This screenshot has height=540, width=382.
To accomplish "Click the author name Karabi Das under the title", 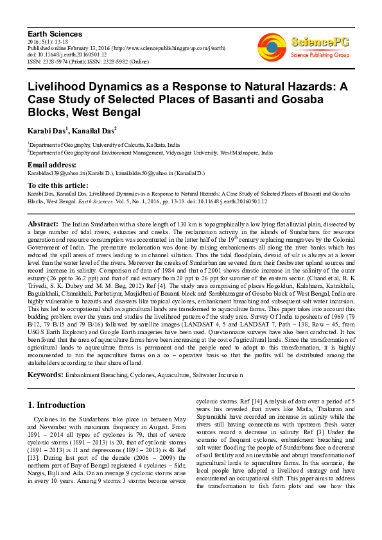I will click(48, 131).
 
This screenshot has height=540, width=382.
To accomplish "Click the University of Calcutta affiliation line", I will click(104, 146).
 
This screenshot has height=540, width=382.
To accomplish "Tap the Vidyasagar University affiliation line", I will click(150, 153).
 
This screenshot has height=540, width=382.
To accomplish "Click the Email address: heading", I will click(52, 165).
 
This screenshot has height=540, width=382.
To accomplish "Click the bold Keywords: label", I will click(46, 373).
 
